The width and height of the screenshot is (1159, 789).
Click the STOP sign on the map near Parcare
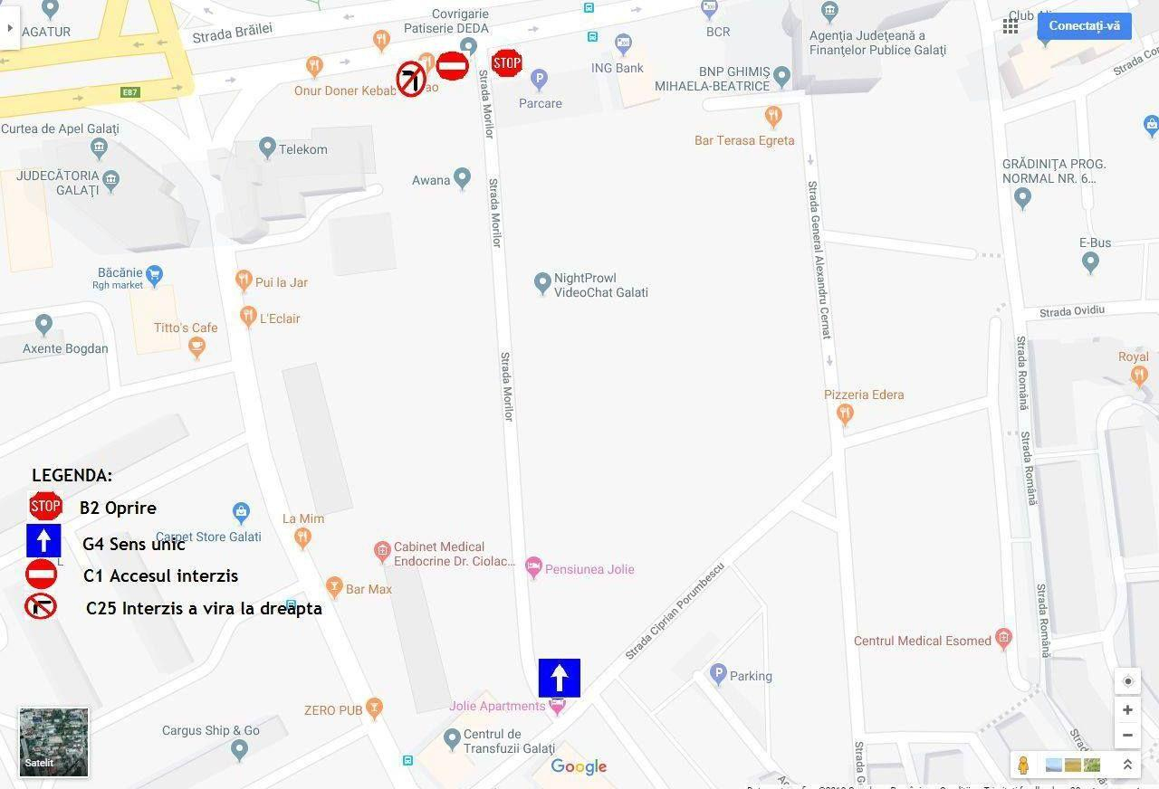pos(507,62)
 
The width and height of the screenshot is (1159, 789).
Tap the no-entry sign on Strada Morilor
pos(452,65)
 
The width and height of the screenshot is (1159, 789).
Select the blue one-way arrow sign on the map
pos(559,678)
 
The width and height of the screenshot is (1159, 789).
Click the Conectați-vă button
pos(1084,25)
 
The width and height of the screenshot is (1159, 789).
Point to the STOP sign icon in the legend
pos(45,507)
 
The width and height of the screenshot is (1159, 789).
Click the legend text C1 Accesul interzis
pos(160,575)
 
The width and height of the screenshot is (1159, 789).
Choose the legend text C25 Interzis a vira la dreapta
pos(204,608)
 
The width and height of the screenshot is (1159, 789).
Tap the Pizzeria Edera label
pos(863,394)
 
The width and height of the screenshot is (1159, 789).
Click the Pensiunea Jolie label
pos(589,569)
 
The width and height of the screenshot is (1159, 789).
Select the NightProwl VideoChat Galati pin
pos(542,283)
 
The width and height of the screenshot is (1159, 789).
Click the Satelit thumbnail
pos(54,742)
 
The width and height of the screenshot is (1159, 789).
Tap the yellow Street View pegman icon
pos(1023,765)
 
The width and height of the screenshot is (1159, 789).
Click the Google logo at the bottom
pos(579,767)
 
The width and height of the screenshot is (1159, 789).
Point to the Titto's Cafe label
pos(186,328)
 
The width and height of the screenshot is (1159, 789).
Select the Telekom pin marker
pos(267,147)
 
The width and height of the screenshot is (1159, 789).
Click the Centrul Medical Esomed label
pos(922,641)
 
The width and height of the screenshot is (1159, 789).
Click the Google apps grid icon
pos(1011,26)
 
